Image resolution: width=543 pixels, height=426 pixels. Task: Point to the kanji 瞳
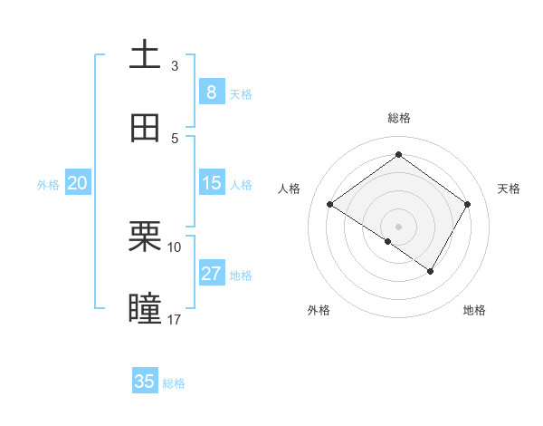[145, 308]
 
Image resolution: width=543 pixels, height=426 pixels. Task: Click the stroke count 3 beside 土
[175, 65]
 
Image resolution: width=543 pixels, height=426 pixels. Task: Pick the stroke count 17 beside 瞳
[175, 319]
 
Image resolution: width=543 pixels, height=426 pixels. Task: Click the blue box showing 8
[211, 92]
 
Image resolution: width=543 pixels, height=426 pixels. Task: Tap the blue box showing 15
[211, 183]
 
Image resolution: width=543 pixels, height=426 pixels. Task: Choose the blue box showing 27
[211, 274]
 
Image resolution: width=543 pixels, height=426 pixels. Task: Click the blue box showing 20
[77, 183]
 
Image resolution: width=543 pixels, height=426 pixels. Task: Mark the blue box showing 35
[145, 382]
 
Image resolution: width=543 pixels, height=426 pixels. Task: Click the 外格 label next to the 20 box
[48, 185]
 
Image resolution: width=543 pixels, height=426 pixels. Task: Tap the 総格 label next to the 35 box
[174, 383]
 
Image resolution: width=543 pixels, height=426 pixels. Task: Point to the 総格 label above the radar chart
[399, 118]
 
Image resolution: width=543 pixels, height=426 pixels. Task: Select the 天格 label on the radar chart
[509, 189]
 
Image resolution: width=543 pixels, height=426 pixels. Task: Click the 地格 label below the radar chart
[474, 310]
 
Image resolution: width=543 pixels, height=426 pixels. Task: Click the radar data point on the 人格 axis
[330, 205]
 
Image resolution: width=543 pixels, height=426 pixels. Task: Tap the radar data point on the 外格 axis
[387, 242]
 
